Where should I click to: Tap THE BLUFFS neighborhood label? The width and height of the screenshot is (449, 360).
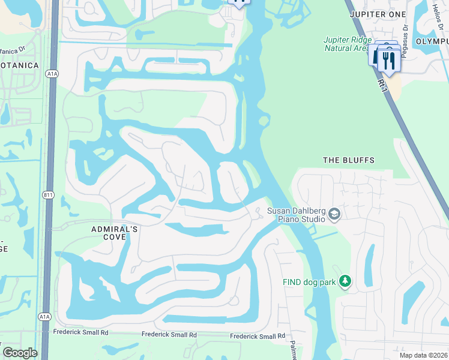click(x=349, y=160)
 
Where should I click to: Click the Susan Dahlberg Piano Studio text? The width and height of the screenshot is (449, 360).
click(x=294, y=214)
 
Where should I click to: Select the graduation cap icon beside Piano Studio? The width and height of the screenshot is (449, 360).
click(x=334, y=214)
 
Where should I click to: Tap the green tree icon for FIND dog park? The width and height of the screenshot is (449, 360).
click(x=345, y=281)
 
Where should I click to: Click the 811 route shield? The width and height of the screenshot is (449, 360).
click(x=49, y=195)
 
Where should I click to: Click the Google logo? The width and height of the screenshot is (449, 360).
click(x=20, y=353)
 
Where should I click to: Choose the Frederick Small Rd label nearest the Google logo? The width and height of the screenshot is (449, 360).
click(x=80, y=332)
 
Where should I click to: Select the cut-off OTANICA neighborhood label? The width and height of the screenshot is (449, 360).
click(x=19, y=65)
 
